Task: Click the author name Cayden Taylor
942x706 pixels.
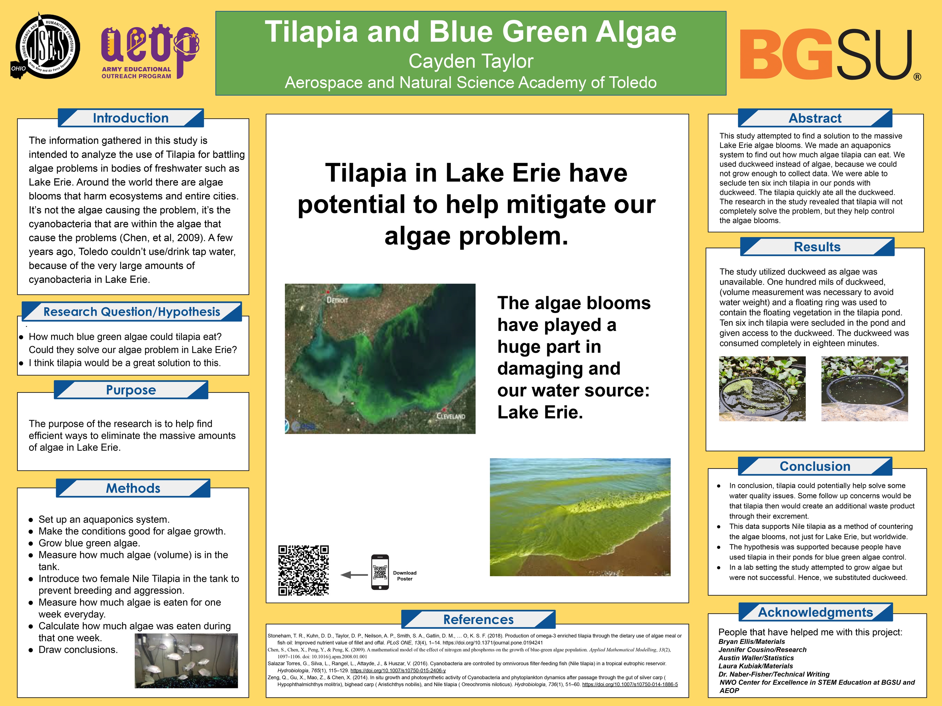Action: [471, 61]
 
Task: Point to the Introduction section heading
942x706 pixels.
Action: [131, 118]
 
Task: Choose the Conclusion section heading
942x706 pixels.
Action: [815, 466]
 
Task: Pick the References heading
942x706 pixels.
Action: [478, 619]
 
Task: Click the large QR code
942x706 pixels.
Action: [304, 570]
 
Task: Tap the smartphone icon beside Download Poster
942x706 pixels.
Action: [380, 572]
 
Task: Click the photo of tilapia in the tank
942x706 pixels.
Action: [186, 660]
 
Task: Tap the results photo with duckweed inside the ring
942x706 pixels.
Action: [762, 389]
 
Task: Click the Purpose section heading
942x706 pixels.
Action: [131, 390]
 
